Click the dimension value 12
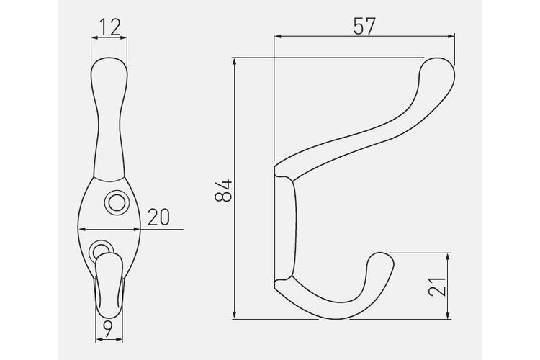[110, 27]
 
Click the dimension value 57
[364, 26]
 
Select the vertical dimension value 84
[223, 190]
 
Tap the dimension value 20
[159, 217]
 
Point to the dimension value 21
[437, 286]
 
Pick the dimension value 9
[108, 329]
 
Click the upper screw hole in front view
[117, 202]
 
